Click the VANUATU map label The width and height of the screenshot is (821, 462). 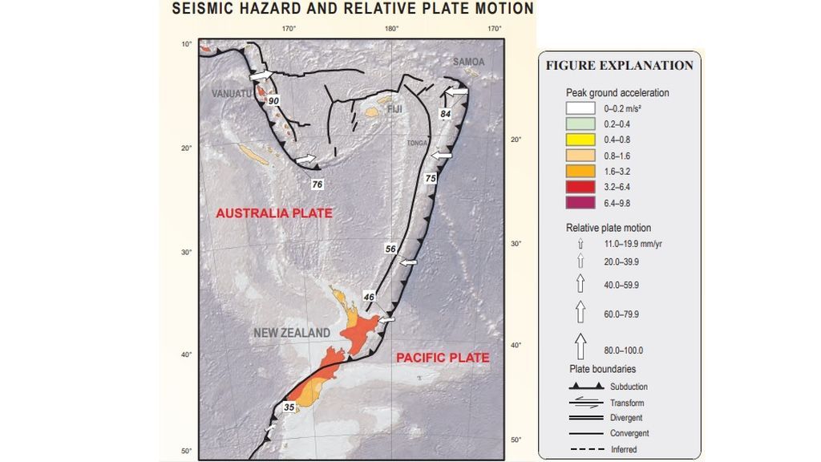click(231, 93)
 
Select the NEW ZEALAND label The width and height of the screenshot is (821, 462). click(292, 333)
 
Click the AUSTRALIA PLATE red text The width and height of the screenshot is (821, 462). click(274, 213)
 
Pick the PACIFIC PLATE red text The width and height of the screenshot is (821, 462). click(443, 358)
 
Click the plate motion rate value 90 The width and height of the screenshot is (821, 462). click(273, 102)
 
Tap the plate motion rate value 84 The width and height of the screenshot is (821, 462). click(446, 115)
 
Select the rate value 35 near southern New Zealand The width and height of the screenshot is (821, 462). click(289, 407)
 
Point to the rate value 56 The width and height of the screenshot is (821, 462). click(390, 249)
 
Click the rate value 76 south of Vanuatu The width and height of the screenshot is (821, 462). click(317, 184)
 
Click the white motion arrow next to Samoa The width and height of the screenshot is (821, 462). click(455, 94)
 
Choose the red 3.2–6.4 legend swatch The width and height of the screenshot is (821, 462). click(577, 187)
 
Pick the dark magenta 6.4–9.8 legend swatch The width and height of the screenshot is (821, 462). click(577, 203)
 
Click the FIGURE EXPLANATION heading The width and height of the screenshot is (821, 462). click(619, 66)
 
